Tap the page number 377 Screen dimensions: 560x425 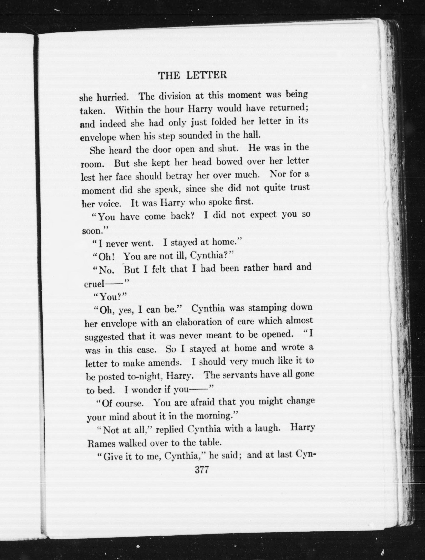202,470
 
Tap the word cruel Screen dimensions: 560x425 94,284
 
